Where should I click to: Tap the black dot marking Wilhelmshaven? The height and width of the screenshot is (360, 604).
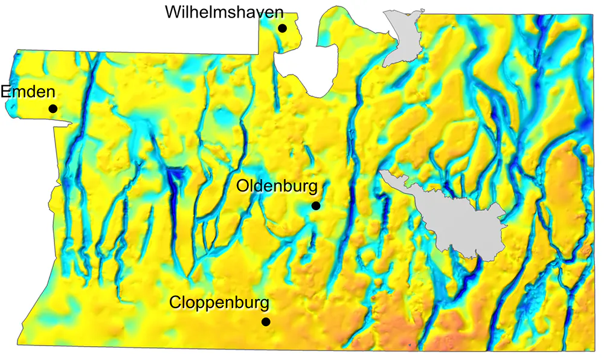click(282, 28)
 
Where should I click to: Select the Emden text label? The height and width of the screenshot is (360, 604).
click(28, 92)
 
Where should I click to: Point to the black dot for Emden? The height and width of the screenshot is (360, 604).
click(53, 109)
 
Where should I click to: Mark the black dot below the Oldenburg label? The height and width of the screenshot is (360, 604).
click(315, 206)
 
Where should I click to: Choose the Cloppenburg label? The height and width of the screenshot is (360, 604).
click(219, 301)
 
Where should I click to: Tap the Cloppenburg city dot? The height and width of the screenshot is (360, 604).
click(265, 321)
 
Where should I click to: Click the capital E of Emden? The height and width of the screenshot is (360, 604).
click(6, 92)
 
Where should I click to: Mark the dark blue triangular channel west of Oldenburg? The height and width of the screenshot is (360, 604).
click(176, 181)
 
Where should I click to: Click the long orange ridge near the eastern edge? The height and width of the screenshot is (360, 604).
click(565, 181)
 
